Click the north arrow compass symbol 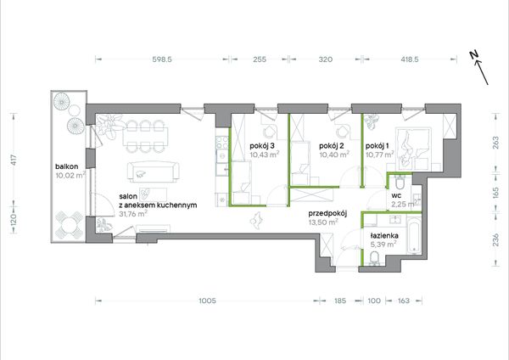pos(479,68)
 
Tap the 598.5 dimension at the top pos(162,59)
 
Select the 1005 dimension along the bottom pos(207,301)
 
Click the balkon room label pos(66,166)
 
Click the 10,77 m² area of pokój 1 pos(380,155)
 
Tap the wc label pos(396,195)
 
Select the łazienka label pos(384,235)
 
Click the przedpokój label pos(327,213)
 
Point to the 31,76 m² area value pos(133,214)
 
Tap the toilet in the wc pos(400,183)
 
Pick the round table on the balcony pos(69,224)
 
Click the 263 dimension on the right pos(495,143)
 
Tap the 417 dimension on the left pos(14,160)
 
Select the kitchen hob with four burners pos(222,143)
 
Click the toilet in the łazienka pos(374,257)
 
